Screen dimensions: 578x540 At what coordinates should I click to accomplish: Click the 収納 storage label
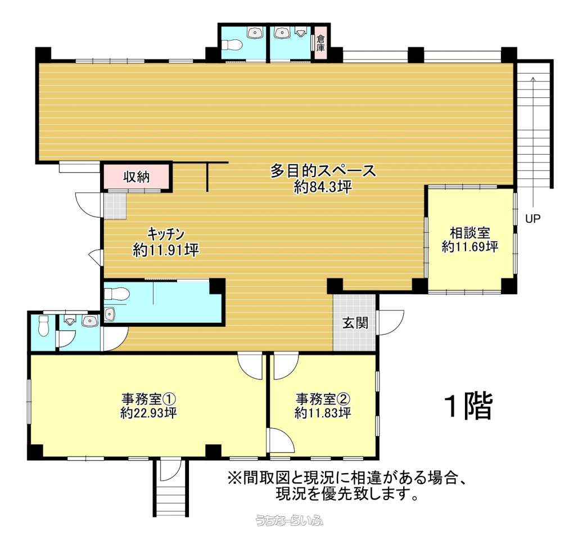137,177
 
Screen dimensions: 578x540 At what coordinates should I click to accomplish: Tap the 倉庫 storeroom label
320,43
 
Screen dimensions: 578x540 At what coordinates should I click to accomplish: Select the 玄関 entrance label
355,323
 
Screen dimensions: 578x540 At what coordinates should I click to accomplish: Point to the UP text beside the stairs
532,219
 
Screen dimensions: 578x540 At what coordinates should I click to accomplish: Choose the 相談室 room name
469,233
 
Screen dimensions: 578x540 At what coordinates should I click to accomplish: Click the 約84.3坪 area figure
323,187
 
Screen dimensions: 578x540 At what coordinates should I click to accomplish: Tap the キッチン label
166,234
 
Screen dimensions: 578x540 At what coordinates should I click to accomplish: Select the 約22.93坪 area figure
148,412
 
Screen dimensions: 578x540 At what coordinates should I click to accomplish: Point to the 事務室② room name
323,399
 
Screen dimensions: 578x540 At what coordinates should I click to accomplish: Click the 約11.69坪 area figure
470,246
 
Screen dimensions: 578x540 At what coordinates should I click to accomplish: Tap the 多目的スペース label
323,171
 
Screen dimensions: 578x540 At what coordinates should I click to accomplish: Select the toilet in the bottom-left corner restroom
43,325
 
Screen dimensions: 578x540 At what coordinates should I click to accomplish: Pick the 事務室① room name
148,399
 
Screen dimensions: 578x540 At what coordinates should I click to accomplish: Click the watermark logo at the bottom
289,520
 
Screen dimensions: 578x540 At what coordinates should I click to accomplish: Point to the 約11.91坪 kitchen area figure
166,250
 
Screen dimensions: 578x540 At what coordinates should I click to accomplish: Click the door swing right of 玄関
391,322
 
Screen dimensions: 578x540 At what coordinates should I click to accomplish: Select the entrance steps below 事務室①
171,488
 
